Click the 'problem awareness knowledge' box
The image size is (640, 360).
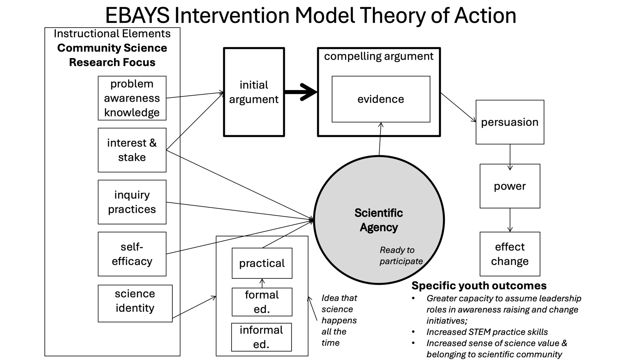point(132,98)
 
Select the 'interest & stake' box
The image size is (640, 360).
point(132,150)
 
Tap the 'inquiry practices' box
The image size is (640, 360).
point(132,202)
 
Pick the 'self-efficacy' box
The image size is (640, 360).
point(132,254)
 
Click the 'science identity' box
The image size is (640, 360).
point(135,303)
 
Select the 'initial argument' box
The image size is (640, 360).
point(254,92)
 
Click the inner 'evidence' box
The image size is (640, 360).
point(381,99)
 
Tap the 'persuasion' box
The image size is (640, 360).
point(510,122)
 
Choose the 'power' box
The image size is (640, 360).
point(510,186)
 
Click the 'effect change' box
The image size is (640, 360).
point(510,254)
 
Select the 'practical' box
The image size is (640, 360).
point(262,263)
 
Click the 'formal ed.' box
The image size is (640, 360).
point(262,302)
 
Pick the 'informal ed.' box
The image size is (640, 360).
point(261,337)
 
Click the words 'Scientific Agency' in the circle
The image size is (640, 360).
point(378,220)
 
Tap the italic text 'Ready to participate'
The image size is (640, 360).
point(401,256)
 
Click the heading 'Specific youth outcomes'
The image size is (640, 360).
point(479,286)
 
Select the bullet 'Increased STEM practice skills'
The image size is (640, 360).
point(487,332)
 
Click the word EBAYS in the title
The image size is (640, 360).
point(137,15)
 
